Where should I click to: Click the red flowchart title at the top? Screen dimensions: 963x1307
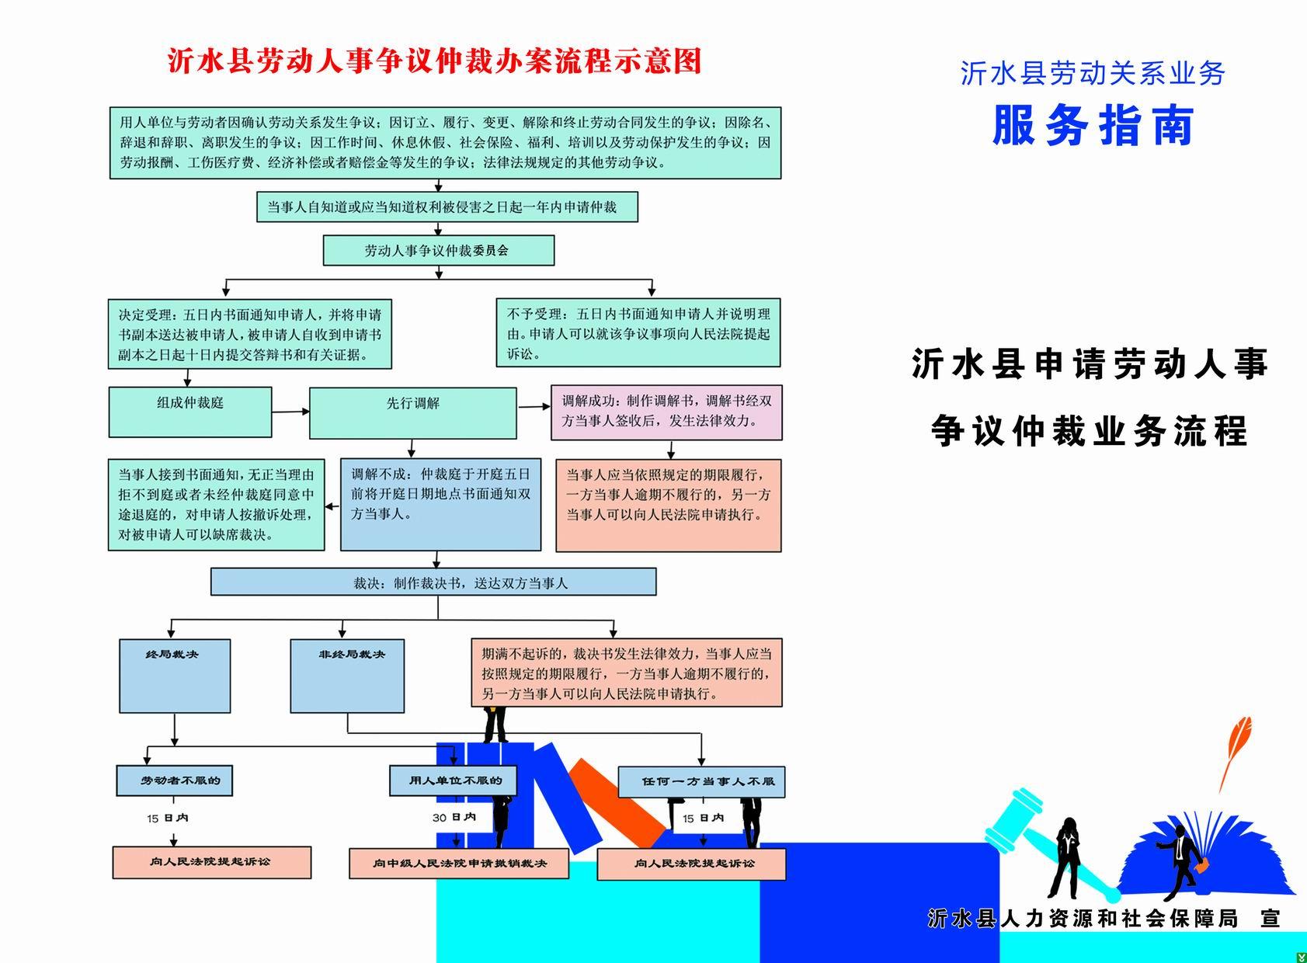(434, 61)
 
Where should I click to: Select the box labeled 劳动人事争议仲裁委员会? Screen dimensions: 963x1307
(439, 251)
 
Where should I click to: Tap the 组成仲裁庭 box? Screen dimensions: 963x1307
(190, 412)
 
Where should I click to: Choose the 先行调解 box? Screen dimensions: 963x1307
(412, 412)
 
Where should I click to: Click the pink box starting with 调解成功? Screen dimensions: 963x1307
(666, 412)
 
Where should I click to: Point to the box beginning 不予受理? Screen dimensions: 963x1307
(638, 333)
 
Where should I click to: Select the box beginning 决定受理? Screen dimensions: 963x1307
(249, 334)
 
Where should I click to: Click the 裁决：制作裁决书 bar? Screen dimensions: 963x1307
(433, 582)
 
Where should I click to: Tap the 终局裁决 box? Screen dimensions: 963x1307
(175, 676)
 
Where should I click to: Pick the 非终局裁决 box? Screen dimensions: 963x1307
(347, 676)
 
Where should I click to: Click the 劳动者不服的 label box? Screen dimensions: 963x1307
(175, 780)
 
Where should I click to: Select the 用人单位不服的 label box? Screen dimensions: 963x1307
(452, 780)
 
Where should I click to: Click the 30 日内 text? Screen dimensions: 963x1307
(454, 817)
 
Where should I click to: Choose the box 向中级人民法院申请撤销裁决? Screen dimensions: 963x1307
(459, 864)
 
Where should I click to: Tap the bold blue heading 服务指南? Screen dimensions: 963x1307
(1093, 126)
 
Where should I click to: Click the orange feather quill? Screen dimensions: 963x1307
(1236, 747)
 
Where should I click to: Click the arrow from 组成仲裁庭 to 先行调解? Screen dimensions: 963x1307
(291, 412)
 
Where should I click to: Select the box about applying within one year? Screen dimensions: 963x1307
(447, 207)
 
